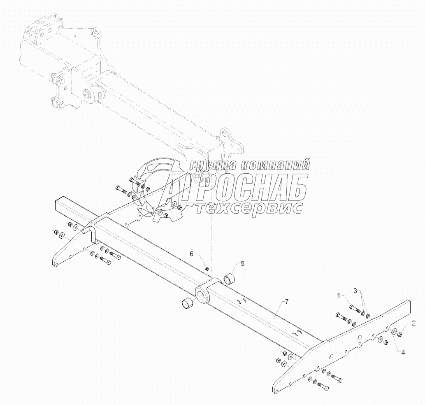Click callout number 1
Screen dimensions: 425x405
339,296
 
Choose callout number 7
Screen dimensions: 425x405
287,302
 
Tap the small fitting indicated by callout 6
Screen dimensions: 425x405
207,269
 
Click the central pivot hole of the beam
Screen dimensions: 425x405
202,294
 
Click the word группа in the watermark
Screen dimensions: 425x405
213,165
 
